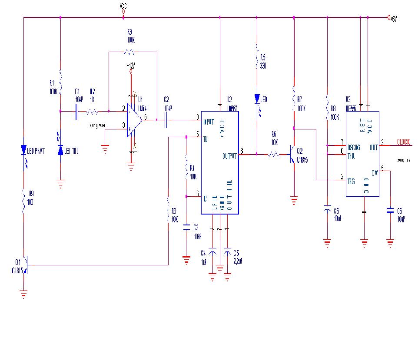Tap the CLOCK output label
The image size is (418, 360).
pos(403,142)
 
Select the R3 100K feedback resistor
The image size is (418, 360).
pos(129,52)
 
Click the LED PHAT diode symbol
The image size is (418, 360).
pos(24,150)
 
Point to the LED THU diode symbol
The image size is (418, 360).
pos(60,150)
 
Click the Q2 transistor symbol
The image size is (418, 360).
pos(292,155)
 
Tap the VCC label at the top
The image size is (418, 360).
pos(123,7)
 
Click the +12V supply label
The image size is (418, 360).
pos(131,66)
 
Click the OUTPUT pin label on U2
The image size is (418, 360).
pos(229,156)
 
